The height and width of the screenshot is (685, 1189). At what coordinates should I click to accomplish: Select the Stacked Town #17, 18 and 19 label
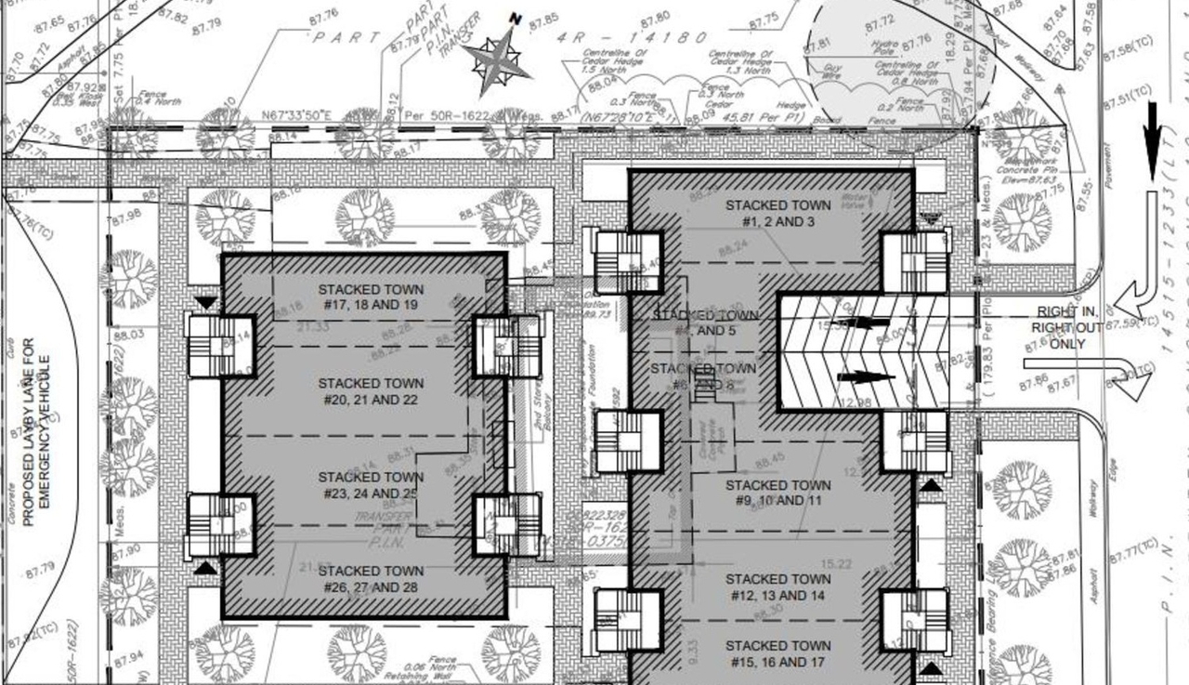(369, 296)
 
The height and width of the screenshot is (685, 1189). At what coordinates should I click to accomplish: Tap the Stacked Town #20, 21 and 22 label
(369, 391)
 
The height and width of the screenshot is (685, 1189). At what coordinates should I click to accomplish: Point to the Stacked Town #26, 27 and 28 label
(369, 579)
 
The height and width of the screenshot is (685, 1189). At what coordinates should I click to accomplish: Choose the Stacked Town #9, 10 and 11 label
(778, 493)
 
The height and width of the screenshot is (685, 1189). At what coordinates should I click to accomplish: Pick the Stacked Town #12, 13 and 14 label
(778, 586)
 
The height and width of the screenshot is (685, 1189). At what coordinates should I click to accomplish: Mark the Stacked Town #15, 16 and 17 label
(778, 653)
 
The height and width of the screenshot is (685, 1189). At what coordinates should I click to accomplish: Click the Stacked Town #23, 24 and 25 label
(369, 485)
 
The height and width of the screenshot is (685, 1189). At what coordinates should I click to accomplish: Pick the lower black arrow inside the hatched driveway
(865, 377)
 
